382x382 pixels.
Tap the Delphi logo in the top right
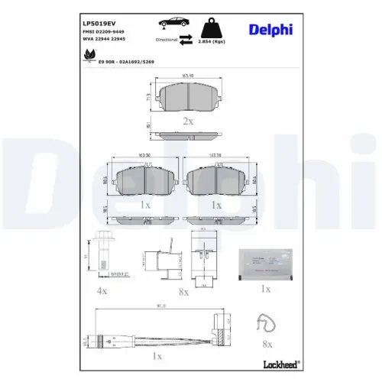tap(270, 30)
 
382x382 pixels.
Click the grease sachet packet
tap(265, 261)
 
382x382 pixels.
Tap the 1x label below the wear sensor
tap(157, 356)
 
